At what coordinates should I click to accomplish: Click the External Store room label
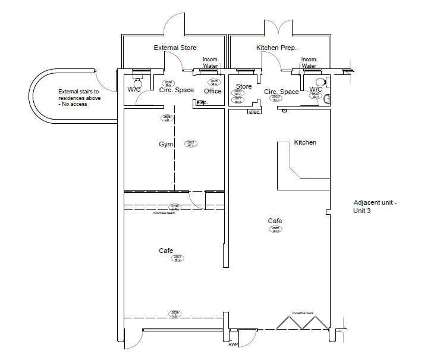175,48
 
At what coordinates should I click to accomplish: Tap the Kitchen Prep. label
276,48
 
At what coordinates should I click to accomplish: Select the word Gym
165,145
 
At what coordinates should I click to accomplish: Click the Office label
212,91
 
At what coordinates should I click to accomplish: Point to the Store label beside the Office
244,87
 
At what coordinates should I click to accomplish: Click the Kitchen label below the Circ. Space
305,143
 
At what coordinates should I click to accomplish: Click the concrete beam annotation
164,213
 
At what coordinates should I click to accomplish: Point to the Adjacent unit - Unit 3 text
375,206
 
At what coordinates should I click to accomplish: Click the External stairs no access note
79,98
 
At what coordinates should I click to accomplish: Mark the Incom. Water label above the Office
211,62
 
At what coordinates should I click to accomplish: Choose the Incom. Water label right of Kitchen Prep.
309,62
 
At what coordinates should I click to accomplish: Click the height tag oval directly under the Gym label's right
191,143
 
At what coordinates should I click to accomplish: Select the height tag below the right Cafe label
275,228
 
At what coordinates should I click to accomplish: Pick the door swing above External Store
174,24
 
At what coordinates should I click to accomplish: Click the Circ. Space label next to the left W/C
176,91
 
